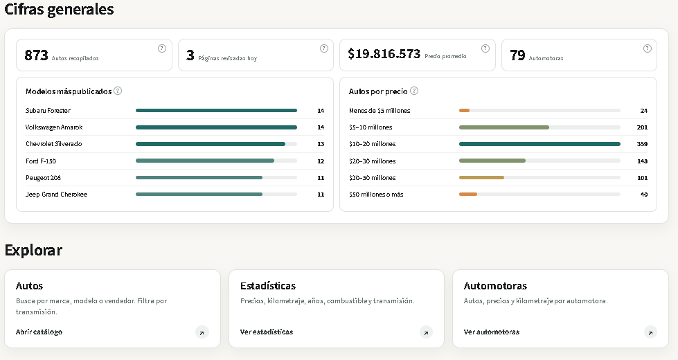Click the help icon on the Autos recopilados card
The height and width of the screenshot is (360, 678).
[162, 48]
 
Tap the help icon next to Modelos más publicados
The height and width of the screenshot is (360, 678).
[118, 91]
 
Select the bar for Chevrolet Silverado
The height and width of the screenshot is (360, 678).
[210, 144]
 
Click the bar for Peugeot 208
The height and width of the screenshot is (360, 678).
[199, 178]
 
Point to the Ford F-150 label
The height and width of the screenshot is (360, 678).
[41, 161]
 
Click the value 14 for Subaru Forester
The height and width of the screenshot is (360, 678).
[321, 111]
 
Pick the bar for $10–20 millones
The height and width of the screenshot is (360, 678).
[539, 144]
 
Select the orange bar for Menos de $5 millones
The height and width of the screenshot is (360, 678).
[464, 111]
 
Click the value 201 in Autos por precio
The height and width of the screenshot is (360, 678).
[642, 127]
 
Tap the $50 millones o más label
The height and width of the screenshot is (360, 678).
[376, 195]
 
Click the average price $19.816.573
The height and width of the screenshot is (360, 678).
[384, 53]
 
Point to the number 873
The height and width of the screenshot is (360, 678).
[36, 55]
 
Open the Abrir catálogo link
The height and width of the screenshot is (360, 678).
[39, 332]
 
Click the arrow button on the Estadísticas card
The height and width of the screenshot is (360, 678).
[426, 332]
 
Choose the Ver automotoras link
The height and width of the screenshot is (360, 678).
[492, 332]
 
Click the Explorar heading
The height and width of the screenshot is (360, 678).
[33, 250]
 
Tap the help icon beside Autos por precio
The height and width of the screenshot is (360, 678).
[414, 91]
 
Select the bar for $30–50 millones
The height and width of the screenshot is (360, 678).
[481, 178]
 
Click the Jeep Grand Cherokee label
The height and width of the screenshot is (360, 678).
[56, 195]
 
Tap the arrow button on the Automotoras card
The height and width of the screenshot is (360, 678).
[650, 332]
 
